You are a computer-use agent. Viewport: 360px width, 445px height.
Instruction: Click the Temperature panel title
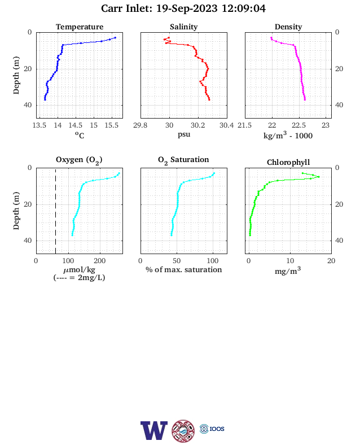tap(80, 27)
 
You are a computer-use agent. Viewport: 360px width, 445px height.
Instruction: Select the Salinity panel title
tap(184, 27)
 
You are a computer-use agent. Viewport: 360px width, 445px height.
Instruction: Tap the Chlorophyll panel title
tap(288, 162)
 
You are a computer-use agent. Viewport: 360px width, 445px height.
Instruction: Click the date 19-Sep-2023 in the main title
tap(187, 8)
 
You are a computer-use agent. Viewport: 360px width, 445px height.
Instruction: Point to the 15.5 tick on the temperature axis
tap(111, 125)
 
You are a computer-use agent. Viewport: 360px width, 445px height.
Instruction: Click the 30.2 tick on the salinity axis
tap(197, 125)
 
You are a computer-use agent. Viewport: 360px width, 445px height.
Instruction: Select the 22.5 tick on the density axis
tap(298, 125)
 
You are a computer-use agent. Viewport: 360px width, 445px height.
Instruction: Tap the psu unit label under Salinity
tap(184, 134)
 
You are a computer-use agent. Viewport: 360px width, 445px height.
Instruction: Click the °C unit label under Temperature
tap(80, 135)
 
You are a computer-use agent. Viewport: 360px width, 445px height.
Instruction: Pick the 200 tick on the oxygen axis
tap(99, 261)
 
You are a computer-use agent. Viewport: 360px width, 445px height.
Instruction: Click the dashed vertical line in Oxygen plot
tap(55, 211)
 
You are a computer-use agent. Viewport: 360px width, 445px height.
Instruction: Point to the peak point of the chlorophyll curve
tap(319, 177)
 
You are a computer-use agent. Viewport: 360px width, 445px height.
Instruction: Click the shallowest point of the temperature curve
tap(115, 38)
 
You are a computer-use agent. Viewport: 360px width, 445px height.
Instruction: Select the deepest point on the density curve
tap(305, 99)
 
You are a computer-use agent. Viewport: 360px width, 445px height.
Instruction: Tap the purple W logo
tap(154, 430)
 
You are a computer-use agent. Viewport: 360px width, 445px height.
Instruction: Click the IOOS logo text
tap(217, 429)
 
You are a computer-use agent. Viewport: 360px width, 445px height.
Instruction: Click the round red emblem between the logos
tap(183, 431)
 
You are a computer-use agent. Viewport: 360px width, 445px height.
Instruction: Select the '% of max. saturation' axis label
tap(184, 269)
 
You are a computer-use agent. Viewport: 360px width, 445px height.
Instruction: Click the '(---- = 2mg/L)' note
tap(79, 277)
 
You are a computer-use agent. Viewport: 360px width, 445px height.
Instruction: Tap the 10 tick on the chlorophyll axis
tap(290, 261)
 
